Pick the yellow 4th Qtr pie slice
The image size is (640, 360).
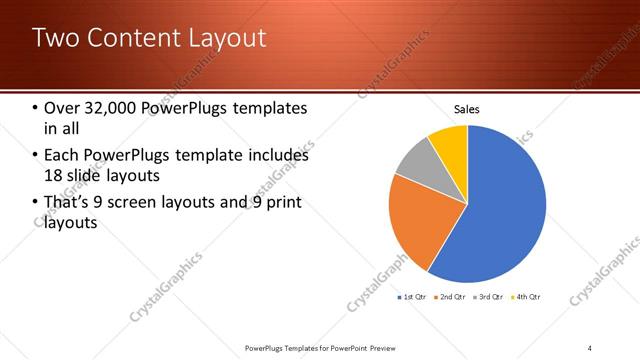[450, 140]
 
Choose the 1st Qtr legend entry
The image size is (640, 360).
[414, 297]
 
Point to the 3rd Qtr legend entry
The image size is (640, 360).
[489, 297]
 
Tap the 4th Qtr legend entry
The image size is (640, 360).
[526, 297]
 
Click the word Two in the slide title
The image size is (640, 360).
[54, 39]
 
